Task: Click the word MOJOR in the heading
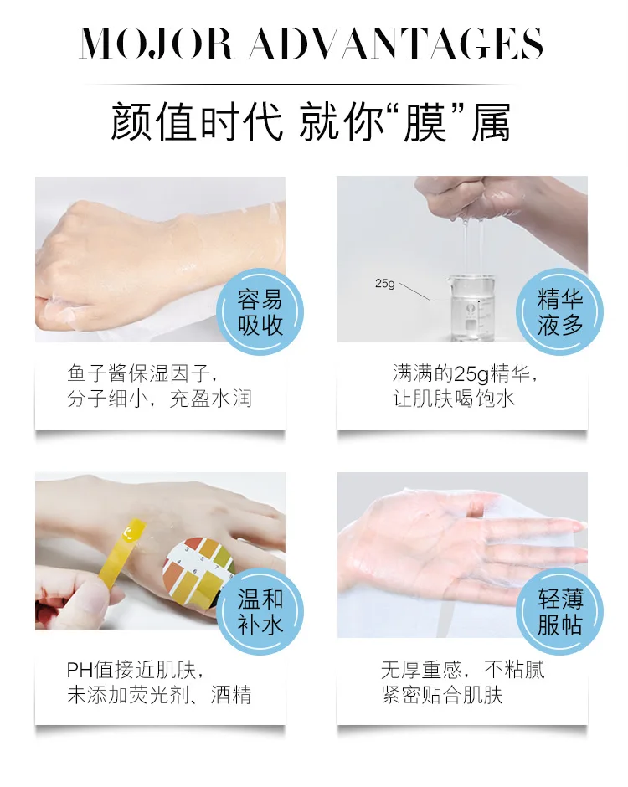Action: [x=156, y=44]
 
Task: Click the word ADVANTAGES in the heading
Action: [x=396, y=44]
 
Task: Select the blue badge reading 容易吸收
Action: [x=260, y=311]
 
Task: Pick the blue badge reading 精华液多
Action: [x=559, y=311]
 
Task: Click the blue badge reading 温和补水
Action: [x=260, y=612]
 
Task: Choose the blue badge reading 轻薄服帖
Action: [x=559, y=612]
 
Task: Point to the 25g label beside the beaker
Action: [x=385, y=284]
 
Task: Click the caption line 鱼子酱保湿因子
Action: [x=142, y=373]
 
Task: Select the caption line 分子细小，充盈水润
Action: [x=159, y=399]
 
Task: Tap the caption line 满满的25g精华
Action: [x=465, y=374]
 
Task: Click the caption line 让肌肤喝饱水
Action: [x=454, y=399]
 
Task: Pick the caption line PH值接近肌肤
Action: [x=135, y=670]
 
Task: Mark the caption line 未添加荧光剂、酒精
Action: [x=159, y=695]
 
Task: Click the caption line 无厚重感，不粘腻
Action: [x=462, y=670]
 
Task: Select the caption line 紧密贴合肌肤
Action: [x=442, y=695]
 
